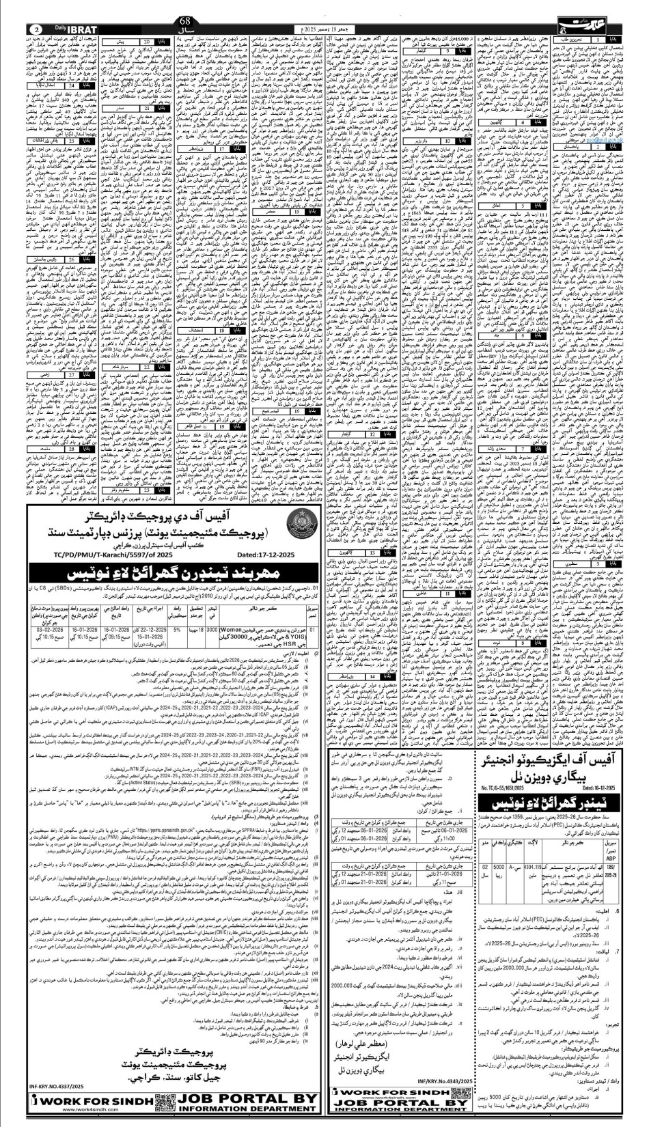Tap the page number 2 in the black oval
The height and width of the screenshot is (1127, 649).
(x=36, y=29)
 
